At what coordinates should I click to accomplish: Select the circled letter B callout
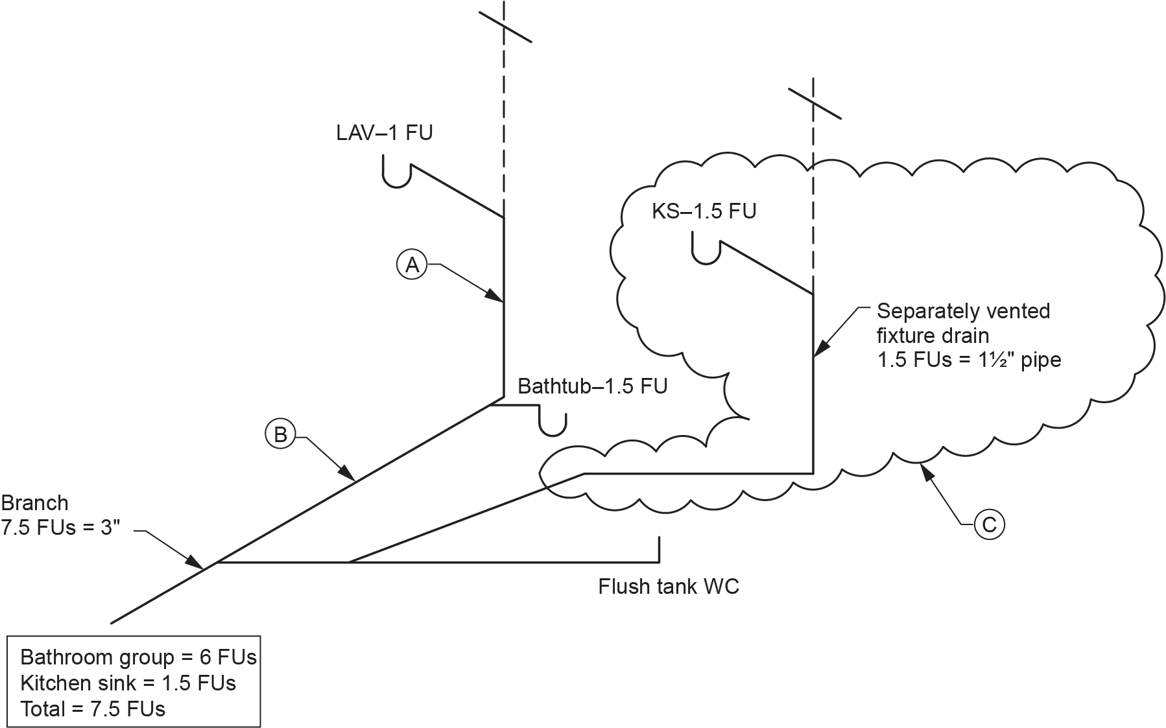[280, 434]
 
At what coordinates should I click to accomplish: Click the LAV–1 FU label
[384, 132]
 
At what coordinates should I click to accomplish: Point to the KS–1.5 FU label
[704, 211]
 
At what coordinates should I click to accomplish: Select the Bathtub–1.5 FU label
[592, 386]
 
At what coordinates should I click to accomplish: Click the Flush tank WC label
[668, 587]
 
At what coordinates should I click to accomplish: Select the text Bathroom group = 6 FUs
[138, 657]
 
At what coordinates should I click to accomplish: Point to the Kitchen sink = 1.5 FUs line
[128, 683]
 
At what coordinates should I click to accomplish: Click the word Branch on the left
[34, 503]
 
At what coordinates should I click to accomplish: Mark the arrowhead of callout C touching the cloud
[923, 468]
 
